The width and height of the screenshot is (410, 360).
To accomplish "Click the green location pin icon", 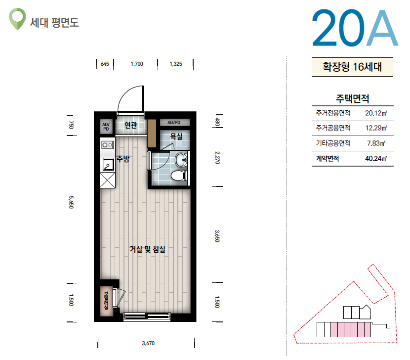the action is [17, 19].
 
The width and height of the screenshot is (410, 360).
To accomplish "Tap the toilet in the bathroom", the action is [179, 176].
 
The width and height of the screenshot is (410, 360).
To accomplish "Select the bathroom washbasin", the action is [181, 159].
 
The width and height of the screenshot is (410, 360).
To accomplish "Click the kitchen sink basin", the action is [108, 165].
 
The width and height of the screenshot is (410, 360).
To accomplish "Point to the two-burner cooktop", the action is [108, 145].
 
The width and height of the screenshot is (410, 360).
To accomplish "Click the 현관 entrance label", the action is [130, 125].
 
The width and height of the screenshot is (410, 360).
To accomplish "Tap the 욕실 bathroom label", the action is [176, 136].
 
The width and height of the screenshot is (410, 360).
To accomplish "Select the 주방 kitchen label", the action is [123, 158].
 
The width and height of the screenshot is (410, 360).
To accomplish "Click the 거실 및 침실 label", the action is [148, 249].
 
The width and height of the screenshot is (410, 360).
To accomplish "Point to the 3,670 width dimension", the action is [148, 343].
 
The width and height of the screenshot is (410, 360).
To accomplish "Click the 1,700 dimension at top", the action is [137, 64].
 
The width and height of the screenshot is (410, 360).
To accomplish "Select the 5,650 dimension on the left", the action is [71, 202].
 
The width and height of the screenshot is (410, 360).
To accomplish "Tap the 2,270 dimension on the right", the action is [217, 158].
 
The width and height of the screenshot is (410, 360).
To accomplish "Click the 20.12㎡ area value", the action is [376, 113].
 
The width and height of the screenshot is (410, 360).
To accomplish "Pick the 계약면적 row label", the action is [328, 158].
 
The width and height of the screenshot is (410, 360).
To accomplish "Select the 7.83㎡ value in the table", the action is [376, 143].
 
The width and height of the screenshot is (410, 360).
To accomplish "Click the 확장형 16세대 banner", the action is [352, 67].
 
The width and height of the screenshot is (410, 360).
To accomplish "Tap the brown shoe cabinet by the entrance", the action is [152, 134].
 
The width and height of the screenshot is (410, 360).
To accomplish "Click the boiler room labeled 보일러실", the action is [106, 301].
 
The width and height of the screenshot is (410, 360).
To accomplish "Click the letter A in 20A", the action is [382, 28].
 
